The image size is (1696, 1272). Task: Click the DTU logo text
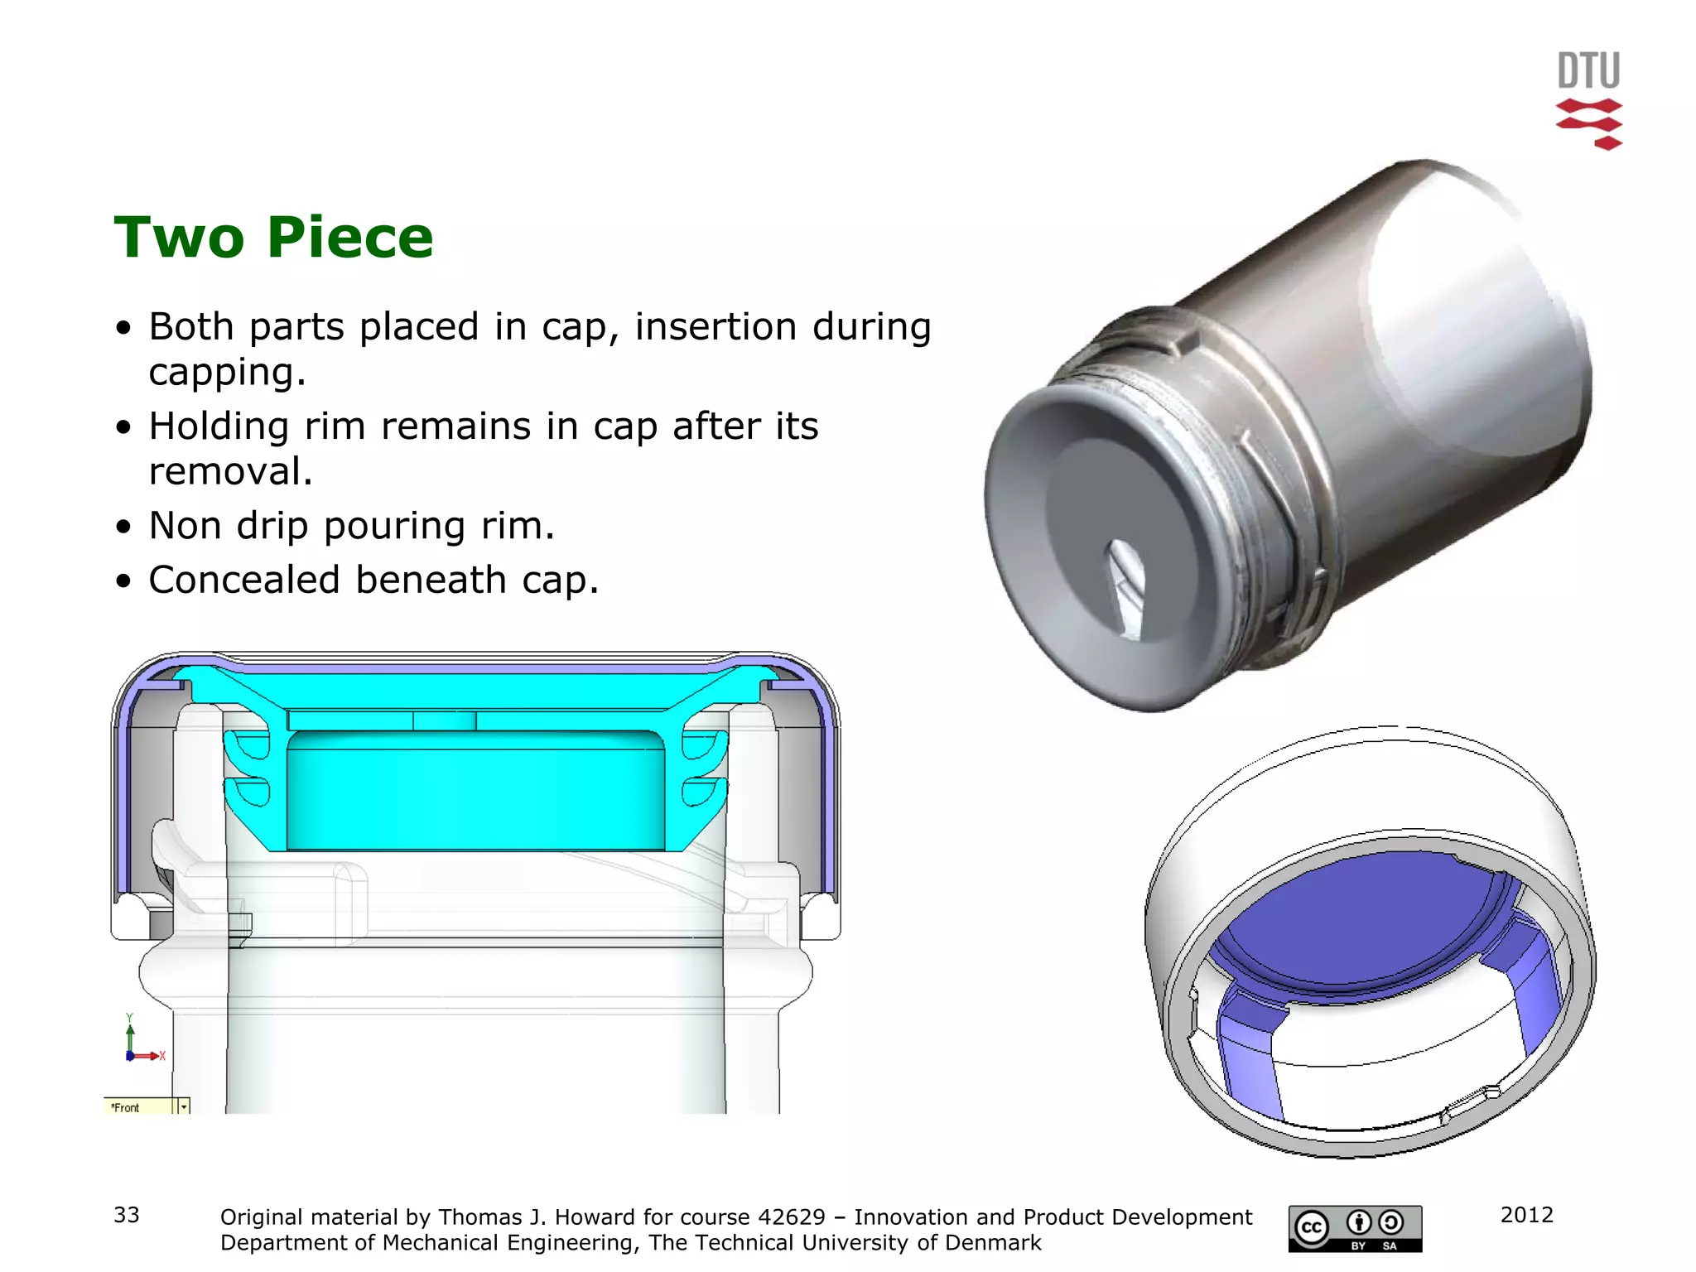[x=1588, y=70]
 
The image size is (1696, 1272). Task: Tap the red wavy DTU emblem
[x=1589, y=124]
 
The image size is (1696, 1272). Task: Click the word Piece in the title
[x=350, y=238]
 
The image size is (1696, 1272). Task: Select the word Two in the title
[x=179, y=238]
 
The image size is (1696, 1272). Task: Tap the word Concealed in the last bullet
[x=244, y=580]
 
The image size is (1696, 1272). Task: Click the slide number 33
[x=127, y=1215]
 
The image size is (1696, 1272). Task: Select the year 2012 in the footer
[x=1527, y=1215]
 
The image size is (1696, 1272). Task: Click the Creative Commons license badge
[x=1355, y=1228]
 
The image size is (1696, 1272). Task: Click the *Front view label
[x=126, y=1107]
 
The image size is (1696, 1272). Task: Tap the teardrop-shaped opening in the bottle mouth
[x=1126, y=588]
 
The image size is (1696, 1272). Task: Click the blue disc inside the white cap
[x=1366, y=919]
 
